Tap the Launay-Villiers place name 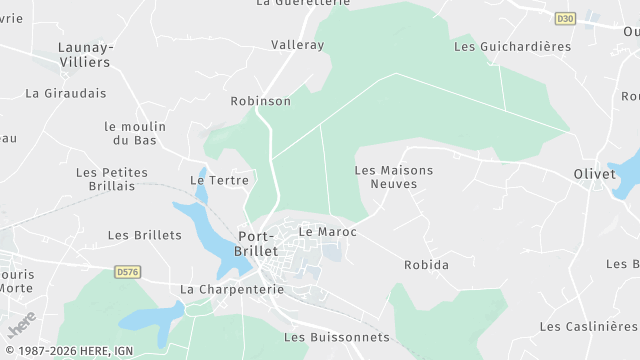click(x=85, y=54)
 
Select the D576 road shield click(x=127, y=271)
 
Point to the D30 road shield click(x=566, y=18)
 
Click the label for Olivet click(x=595, y=173)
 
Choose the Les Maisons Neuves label click(x=394, y=177)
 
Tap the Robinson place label click(x=260, y=101)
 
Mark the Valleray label click(x=297, y=45)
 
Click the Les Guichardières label click(x=512, y=46)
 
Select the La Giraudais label click(x=65, y=93)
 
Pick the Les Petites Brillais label click(x=111, y=179)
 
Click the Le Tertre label click(x=219, y=180)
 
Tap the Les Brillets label click(x=144, y=235)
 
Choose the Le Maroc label click(x=327, y=232)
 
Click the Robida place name click(x=426, y=265)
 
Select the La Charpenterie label click(x=232, y=289)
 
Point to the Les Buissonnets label click(x=336, y=337)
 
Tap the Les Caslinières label click(x=589, y=327)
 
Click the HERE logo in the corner click(x=21, y=324)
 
